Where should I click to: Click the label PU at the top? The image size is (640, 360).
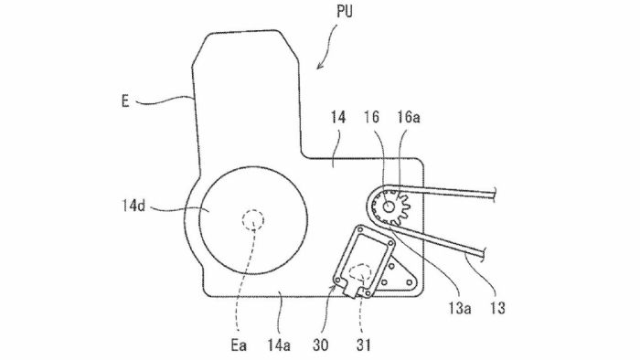click(x=345, y=12)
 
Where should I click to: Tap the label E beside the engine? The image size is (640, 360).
click(x=125, y=101)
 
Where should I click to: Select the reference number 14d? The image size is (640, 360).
click(x=133, y=206)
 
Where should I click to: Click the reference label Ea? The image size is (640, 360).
click(x=239, y=345)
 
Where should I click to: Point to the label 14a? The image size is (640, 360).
click(x=279, y=345)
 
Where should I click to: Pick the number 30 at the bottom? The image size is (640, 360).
click(x=320, y=345)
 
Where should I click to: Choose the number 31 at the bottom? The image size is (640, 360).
click(x=363, y=345)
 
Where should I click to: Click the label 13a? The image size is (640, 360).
click(x=460, y=308)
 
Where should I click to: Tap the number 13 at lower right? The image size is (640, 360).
click(x=497, y=308)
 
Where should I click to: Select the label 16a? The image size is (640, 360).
click(x=409, y=118)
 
